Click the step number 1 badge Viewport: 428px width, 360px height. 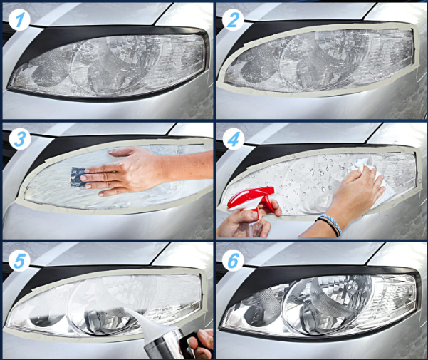pyautogui.click(x=19, y=19)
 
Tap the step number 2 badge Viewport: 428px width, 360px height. pyautogui.click(x=233, y=19)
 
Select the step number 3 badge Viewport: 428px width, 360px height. pyautogui.click(x=20, y=138)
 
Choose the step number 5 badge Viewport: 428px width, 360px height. pyautogui.click(x=19, y=260)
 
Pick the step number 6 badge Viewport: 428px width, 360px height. pyautogui.click(x=233, y=260)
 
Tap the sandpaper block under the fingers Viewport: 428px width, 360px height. pyautogui.click(x=78, y=177)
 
